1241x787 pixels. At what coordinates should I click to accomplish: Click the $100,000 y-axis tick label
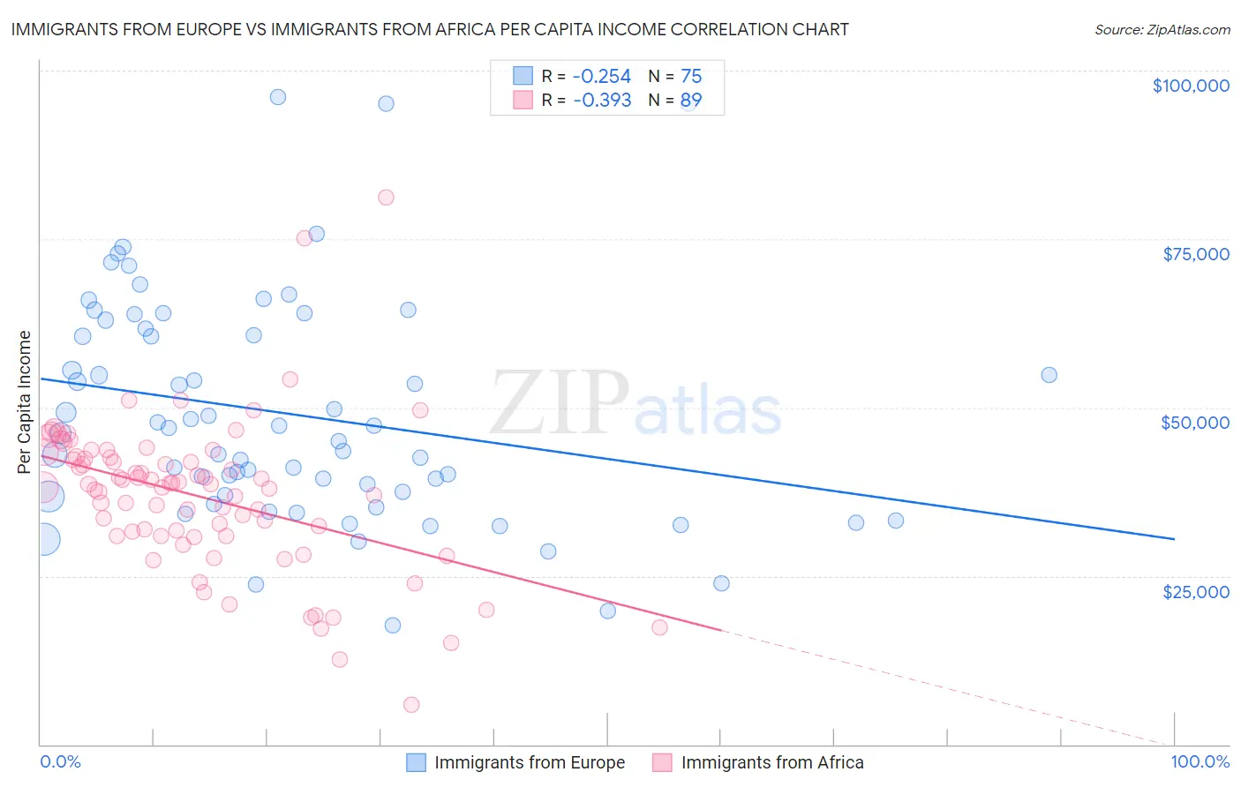click(1190, 86)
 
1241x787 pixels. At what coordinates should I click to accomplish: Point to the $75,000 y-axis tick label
click(1195, 254)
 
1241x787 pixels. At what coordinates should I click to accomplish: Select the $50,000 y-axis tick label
click(1194, 423)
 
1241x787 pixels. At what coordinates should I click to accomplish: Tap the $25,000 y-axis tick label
click(1195, 591)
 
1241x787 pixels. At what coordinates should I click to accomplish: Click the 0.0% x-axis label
click(60, 761)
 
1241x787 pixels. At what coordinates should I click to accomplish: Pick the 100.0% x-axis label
click(1200, 761)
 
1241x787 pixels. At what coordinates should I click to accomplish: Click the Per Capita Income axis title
click(25, 401)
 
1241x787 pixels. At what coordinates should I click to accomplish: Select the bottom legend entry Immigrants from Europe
click(529, 762)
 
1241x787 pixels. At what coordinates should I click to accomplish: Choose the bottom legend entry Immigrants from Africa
click(771, 762)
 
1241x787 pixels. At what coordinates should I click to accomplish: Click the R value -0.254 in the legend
click(602, 76)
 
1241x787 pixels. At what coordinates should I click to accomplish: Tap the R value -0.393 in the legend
click(602, 100)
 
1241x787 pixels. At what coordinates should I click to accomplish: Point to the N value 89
click(690, 100)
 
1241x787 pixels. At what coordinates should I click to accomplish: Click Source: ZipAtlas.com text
click(1162, 29)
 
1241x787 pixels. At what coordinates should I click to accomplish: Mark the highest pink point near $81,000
click(386, 198)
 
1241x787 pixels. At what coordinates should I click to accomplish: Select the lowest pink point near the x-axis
click(411, 704)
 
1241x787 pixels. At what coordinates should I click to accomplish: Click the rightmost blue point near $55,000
click(1049, 375)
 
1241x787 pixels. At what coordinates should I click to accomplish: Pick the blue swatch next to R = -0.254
click(523, 76)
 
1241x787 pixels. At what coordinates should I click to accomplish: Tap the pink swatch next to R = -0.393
click(523, 100)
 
